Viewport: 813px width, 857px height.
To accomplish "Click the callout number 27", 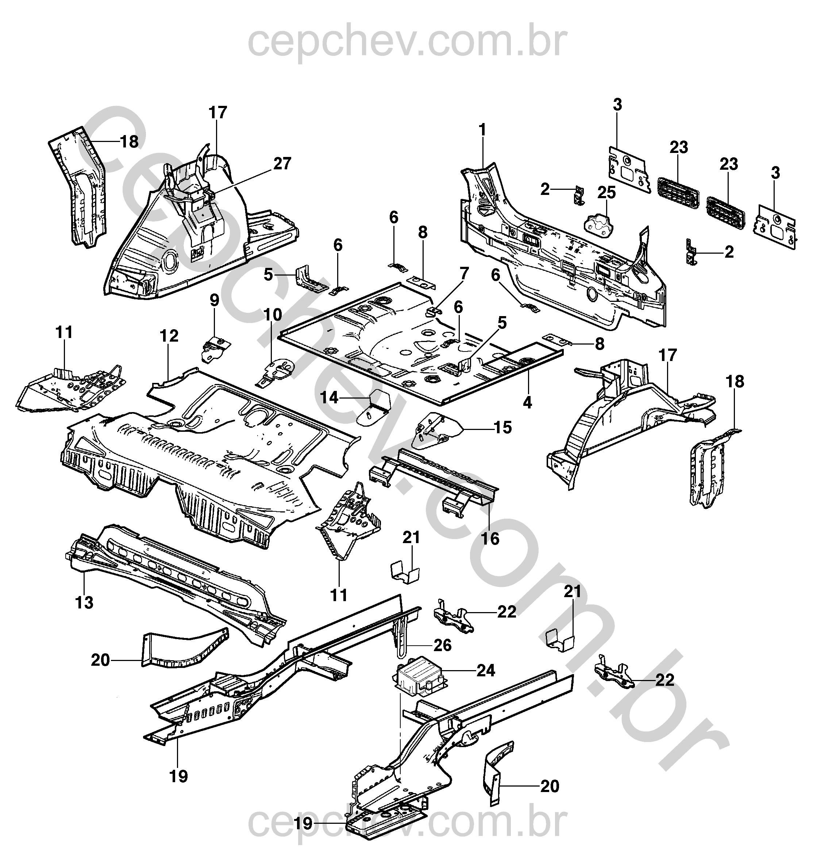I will click(x=282, y=164).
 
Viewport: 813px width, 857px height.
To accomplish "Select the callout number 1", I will click(x=482, y=130).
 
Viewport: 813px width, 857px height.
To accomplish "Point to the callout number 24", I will click(x=485, y=670).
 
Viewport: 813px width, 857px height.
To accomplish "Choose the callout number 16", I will click(x=490, y=538).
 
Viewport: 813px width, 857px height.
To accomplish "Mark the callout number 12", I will click(x=169, y=335).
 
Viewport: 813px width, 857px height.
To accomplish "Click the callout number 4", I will click(x=527, y=402).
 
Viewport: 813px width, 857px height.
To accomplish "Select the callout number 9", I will click(x=215, y=300).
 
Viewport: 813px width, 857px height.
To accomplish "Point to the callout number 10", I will click(x=273, y=314).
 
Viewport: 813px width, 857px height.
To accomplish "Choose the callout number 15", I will click(x=503, y=427).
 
